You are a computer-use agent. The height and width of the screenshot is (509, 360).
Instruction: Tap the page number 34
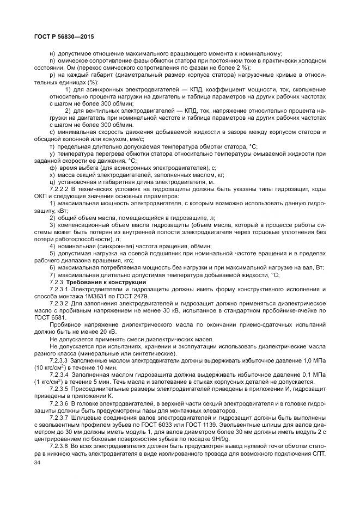point(37,462)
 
